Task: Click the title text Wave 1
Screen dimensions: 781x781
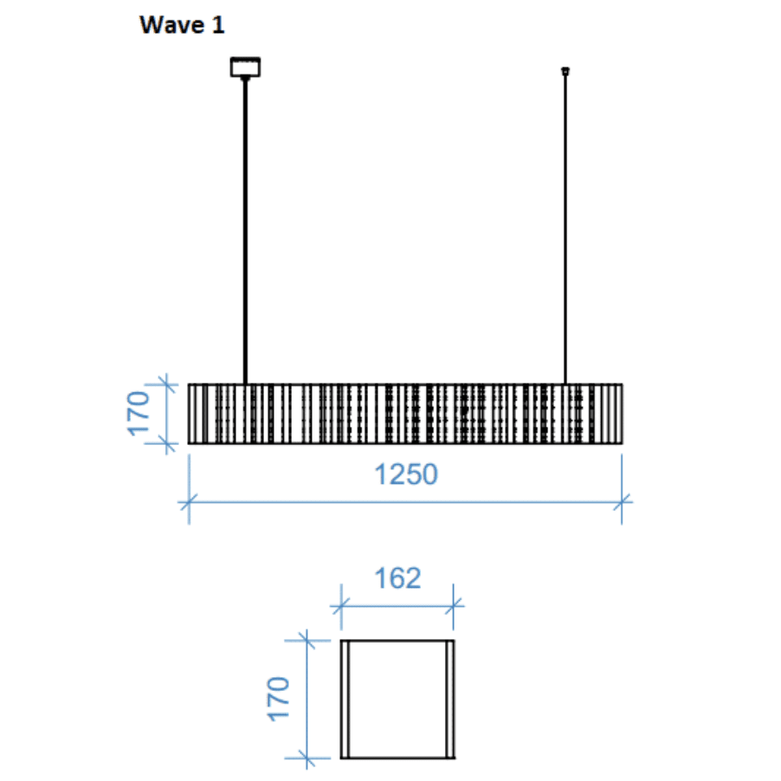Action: click(182, 26)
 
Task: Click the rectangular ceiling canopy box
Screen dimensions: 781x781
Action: click(246, 67)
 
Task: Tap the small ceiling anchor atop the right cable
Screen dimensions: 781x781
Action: click(565, 70)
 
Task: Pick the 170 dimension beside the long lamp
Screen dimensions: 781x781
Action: click(139, 414)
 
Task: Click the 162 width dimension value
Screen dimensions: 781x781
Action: click(397, 578)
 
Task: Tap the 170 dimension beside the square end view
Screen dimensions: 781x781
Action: click(278, 699)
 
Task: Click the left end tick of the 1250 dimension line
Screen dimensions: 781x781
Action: click(189, 500)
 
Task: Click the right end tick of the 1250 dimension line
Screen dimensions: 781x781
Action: click(623, 500)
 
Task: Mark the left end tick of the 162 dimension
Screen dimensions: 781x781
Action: click(341, 605)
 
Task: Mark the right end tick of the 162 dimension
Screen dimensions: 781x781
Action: click(454, 605)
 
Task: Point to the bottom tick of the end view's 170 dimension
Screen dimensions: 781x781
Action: click(306, 758)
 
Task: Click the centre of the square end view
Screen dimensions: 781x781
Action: click(397, 699)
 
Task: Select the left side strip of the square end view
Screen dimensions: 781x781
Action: click(345, 699)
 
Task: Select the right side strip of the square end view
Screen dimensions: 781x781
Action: click(450, 699)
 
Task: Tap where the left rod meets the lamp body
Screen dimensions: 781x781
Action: click(246, 384)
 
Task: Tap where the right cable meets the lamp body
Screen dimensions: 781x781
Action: click(565, 384)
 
